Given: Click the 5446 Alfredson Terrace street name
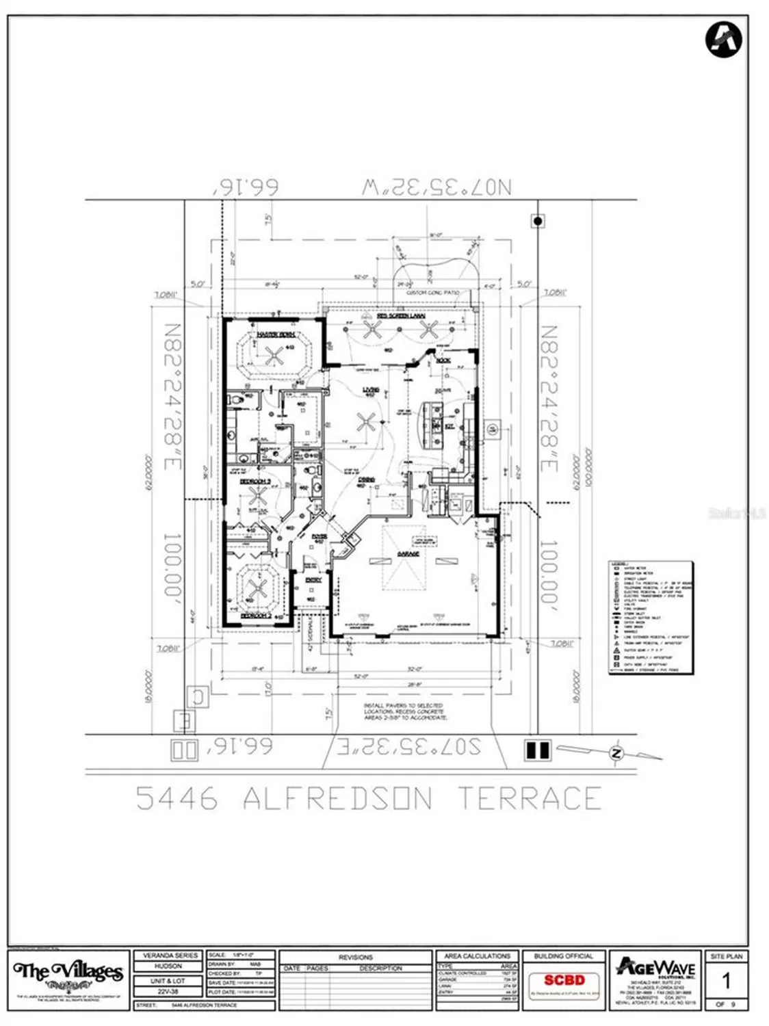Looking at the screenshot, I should click(369, 798).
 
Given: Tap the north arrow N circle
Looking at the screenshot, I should click(616, 754).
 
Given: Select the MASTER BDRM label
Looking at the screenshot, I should click(276, 334).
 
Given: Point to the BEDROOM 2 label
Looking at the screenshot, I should click(256, 616).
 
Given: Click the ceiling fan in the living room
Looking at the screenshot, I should click(366, 422).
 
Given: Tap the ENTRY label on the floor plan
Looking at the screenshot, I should click(313, 580).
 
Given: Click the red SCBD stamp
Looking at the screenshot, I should click(564, 980).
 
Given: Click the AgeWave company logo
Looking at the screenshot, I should click(655, 969).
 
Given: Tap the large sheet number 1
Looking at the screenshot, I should click(726, 982).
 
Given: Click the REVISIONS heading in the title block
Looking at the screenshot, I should click(356, 957).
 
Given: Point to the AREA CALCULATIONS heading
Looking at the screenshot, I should click(477, 956).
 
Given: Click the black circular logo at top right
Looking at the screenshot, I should click(724, 40).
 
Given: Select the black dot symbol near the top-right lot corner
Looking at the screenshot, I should click(538, 221).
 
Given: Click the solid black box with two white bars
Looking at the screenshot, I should click(537, 750).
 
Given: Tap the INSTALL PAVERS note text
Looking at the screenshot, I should click(405, 711).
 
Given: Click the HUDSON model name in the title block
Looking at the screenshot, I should click(168, 966).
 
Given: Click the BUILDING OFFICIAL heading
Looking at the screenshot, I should click(564, 956).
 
